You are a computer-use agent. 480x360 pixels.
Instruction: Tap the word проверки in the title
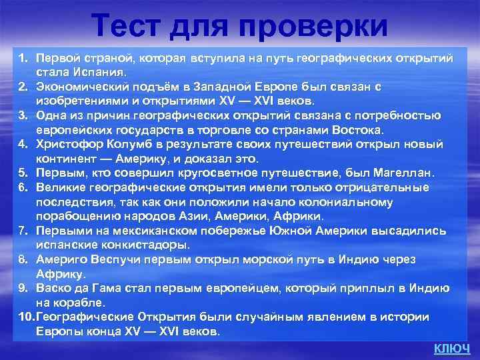[x=311, y=27]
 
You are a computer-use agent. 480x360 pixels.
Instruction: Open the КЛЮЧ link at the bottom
[x=451, y=348]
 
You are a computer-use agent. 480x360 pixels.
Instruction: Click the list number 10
[x=25, y=317]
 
